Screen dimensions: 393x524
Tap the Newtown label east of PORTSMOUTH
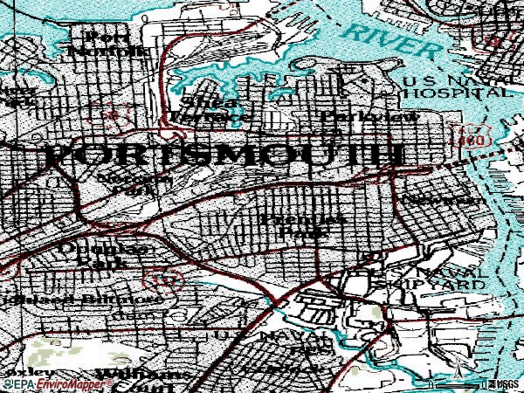pyautogui.click(x=444, y=200)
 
